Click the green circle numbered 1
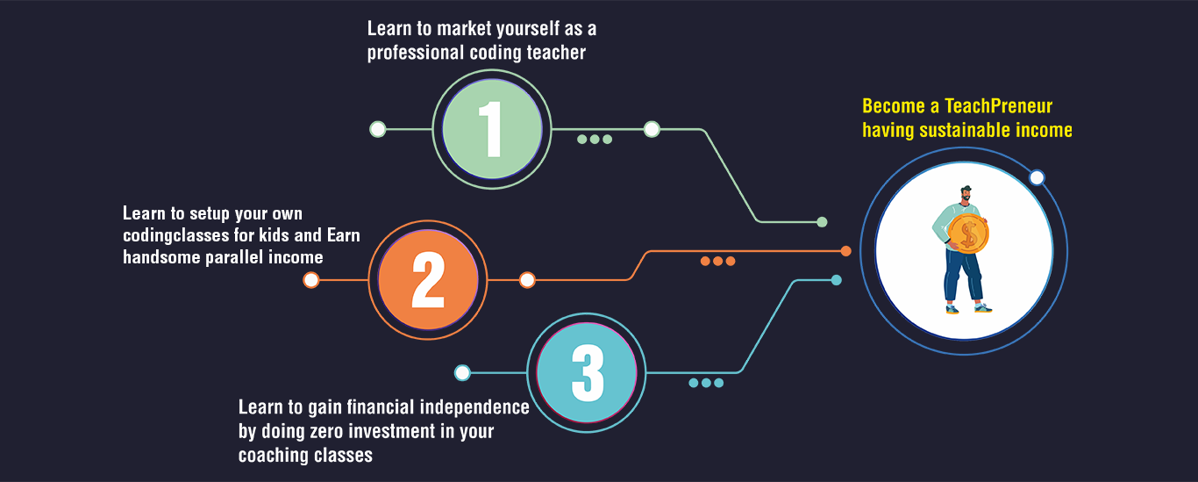[x=492, y=129]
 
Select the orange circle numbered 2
[x=428, y=279]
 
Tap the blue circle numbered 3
[x=587, y=373]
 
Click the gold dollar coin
[x=968, y=234]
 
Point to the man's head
[x=966, y=194]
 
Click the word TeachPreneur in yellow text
[x=999, y=106]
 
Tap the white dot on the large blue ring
[x=1037, y=177]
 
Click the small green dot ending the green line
[x=822, y=222]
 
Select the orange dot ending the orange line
[x=845, y=250]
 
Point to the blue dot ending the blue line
[x=837, y=280]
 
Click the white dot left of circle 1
[x=378, y=129]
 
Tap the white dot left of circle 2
[x=310, y=279]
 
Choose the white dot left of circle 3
[x=462, y=373]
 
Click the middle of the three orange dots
[x=717, y=261]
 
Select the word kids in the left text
[x=274, y=235]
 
